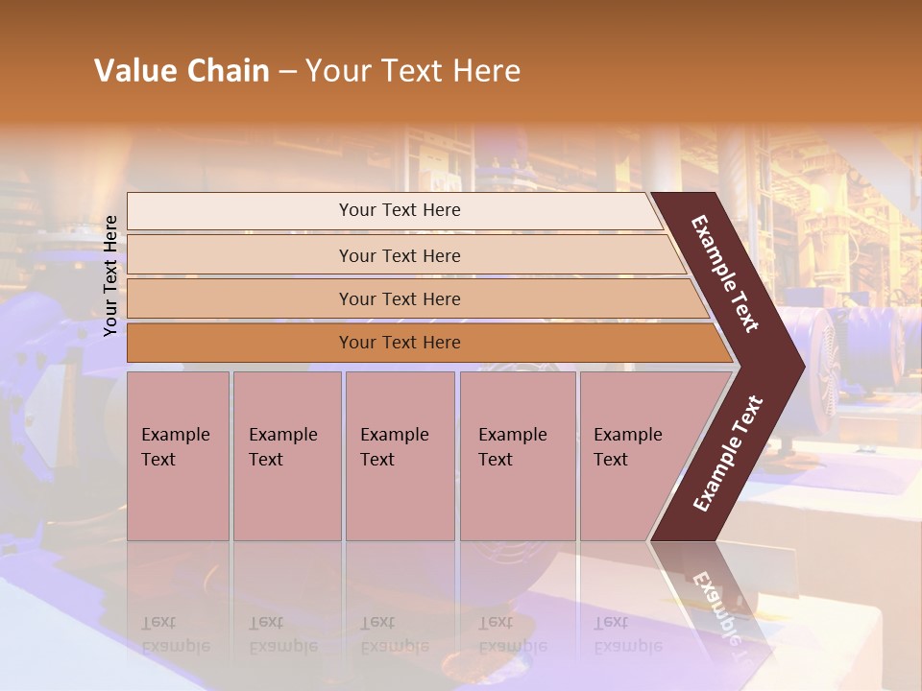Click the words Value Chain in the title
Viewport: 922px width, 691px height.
[182, 71]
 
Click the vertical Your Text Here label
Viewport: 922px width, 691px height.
[111, 275]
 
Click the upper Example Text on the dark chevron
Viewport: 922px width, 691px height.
[725, 274]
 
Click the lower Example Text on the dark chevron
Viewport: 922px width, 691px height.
[727, 454]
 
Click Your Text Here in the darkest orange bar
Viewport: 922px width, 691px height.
[400, 343]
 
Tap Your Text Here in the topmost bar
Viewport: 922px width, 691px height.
[400, 210]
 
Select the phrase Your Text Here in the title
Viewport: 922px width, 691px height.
[413, 71]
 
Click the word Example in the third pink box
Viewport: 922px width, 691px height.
[394, 435]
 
